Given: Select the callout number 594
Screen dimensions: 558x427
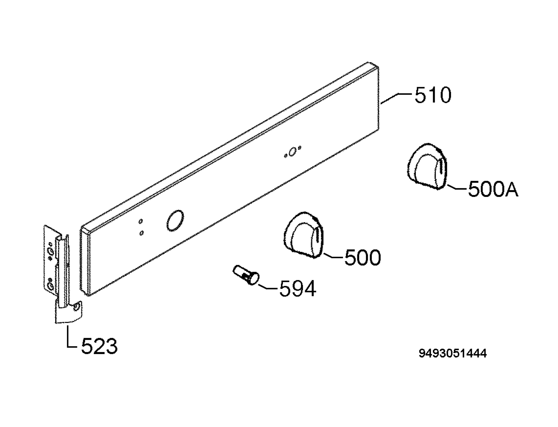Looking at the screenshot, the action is pyautogui.click(x=298, y=288).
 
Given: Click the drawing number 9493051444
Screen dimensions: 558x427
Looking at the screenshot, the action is pyautogui.click(x=453, y=353).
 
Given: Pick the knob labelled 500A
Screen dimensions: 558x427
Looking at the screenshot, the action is pyautogui.click(x=427, y=166).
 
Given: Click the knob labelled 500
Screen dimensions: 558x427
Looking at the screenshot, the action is pyautogui.click(x=304, y=235).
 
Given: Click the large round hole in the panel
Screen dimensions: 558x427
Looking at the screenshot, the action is pyautogui.click(x=175, y=221).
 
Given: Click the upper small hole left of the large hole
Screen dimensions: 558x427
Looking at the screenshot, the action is pyautogui.click(x=141, y=221).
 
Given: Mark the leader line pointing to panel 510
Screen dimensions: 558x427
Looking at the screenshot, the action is pyautogui.click(x=396, y=98).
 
